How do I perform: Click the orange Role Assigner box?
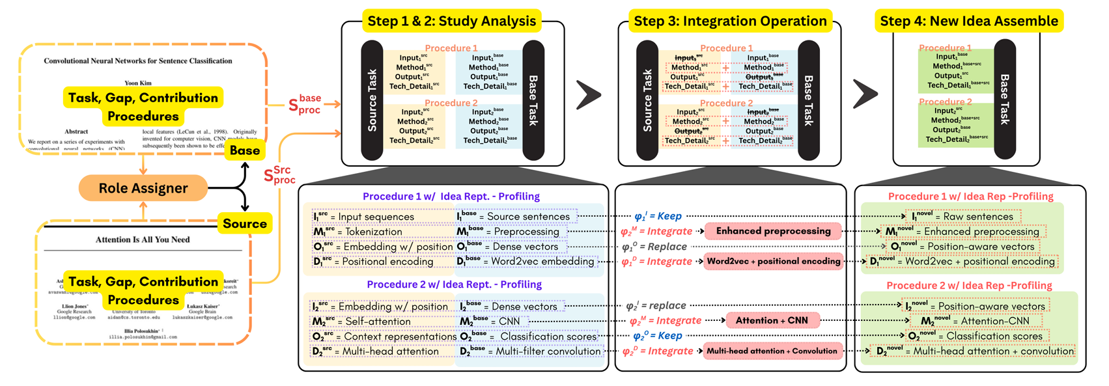(x=143, y=188)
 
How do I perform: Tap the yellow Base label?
(x=245, y=150)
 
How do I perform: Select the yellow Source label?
(x=245, y=223)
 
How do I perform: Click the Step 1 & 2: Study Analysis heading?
(x=452, y=21)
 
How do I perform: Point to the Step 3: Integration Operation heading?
(x=730, y=21)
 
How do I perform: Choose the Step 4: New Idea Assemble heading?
(x=969, y=21)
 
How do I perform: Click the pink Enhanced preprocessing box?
(x=773, y=231)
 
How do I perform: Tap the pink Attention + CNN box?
(x=772, y=320)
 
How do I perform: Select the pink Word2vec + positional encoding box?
(x=774, y=261)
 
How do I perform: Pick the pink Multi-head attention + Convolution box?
(x=772, y=351)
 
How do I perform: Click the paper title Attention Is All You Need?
(x=143, y=240)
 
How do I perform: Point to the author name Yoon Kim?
(x=138, y=83)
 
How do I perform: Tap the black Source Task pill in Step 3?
(x=647, y=100)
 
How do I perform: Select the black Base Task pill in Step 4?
(x=1005, y=99)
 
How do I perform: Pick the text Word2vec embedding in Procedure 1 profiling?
(x=542, y=261)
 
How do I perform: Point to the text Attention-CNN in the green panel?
(x=995, y=321)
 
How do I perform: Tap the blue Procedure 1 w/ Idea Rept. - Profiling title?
(x=451, y=197)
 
